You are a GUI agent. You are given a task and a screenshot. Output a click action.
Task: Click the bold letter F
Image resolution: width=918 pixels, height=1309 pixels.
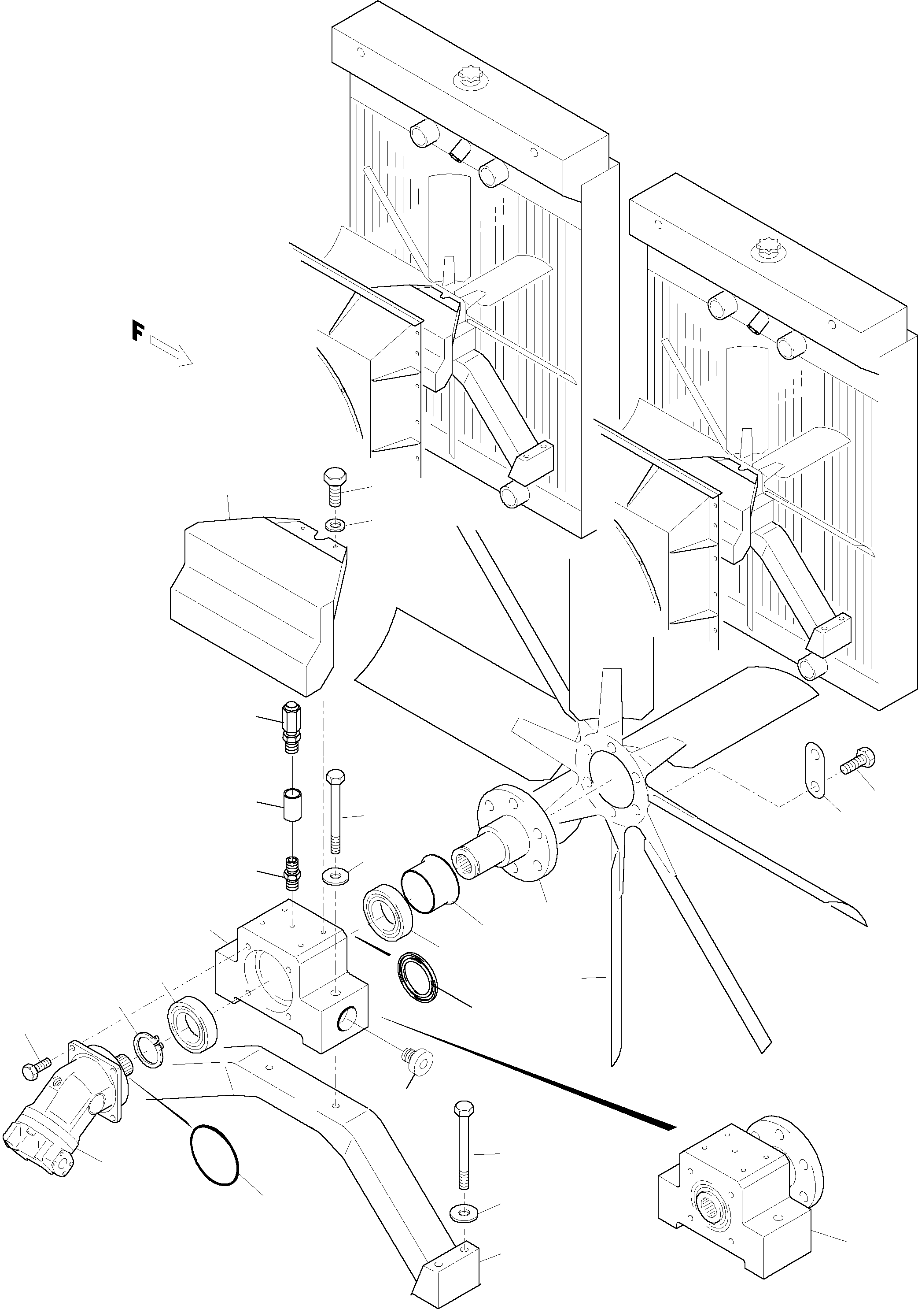pos(137,331)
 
